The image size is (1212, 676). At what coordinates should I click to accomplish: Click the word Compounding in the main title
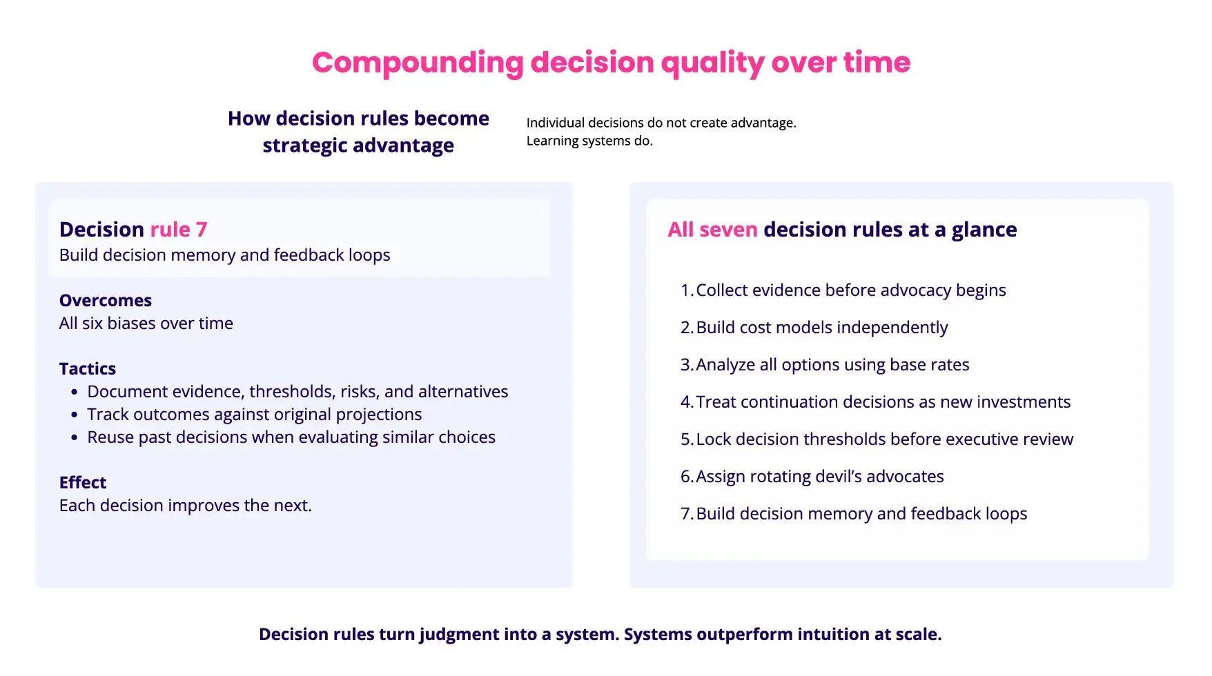tap(418, 63)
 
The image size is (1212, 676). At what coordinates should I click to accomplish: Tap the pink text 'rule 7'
tap(178, 229)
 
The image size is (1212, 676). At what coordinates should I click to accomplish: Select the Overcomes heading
tap(106, 300)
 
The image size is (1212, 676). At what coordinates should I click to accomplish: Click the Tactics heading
tap(88, 368)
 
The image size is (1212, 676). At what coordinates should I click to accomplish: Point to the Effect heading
tap(83, 482)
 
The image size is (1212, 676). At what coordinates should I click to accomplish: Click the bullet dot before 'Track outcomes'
tap(75, 415)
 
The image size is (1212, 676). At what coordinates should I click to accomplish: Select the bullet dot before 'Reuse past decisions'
tap(75, 438)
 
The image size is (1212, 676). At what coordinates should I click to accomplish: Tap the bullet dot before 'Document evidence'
tap(75, 392)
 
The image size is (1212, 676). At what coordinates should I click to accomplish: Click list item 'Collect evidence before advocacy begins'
tap(850, 290)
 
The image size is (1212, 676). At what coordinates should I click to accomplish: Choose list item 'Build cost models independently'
tap(821, 328)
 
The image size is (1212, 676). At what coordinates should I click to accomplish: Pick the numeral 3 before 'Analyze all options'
tap(685, 365)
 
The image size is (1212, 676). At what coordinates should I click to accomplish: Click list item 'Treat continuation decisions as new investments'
tap(883, 402)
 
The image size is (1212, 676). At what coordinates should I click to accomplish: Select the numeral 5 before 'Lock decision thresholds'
tap(685, 439)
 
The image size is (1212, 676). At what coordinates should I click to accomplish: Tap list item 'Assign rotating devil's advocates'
tap(819, 477)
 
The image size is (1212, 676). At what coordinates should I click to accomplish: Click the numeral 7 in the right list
tap(685, 514)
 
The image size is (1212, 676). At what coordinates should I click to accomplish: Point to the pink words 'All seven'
tap(712, 229)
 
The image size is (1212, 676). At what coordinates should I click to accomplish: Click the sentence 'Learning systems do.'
tap(589, 141)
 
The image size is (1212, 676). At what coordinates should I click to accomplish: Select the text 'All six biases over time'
tap(146, 324)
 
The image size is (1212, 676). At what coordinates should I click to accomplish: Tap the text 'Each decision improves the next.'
tap(186, 506)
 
